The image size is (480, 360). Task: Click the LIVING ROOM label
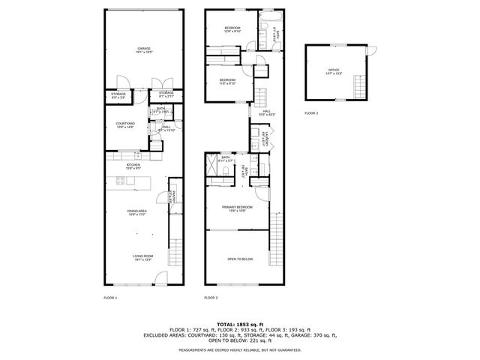[x=142, y=259]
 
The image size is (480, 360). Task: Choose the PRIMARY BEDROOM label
[x=236, y=208]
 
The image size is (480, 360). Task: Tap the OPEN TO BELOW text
[x=240, y=259]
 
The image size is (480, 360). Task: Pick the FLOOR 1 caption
[x=110, y=298]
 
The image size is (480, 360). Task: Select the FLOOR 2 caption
[x=211, y=298]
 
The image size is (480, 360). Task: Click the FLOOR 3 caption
[x=311, y=113]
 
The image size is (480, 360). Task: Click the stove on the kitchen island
[x=120, y=180]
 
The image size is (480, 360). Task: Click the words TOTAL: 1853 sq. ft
[x=239, y=322]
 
